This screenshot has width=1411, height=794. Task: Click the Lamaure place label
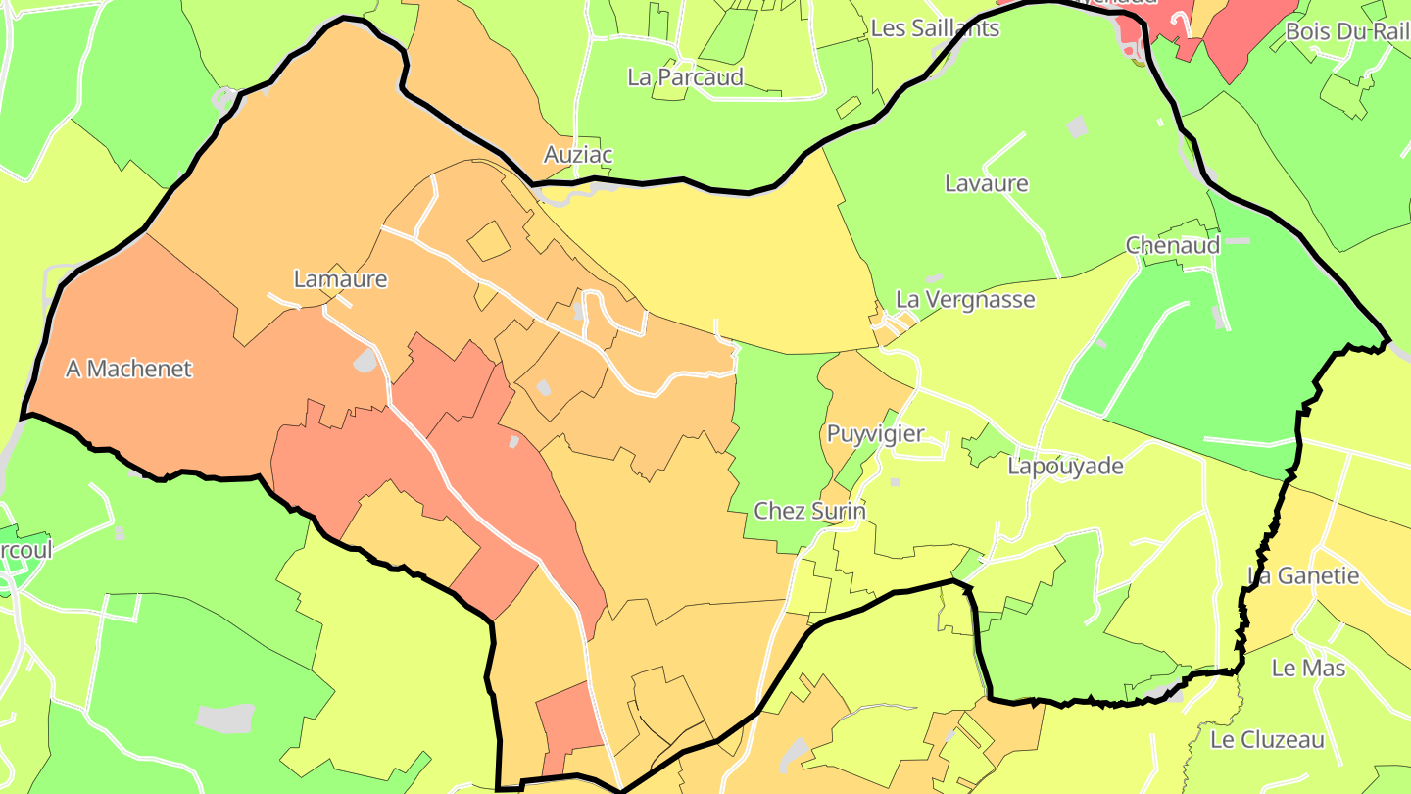pos(340,279)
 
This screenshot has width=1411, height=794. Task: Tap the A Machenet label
pos(128,369)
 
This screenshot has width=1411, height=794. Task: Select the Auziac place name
pos(578,155)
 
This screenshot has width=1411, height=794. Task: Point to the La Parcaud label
pos(685,76)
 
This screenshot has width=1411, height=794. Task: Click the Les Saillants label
pos(935,28)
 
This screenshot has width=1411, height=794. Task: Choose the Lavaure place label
pos(986,183)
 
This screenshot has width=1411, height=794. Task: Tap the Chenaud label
pos(1172,245)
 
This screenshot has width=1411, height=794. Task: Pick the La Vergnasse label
pos(965,299)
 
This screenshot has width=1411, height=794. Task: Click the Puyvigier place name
pos(875,433)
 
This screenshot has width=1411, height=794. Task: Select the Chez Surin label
pos(809,511)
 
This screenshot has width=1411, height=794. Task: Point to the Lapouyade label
pos(1065,466)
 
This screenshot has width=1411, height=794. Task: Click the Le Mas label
pos(1308,669)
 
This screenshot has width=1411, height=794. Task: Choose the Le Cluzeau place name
pos(1267,739)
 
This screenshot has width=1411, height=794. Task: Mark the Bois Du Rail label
pos(1345,31)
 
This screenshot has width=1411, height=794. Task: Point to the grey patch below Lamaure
pos(365,360)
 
